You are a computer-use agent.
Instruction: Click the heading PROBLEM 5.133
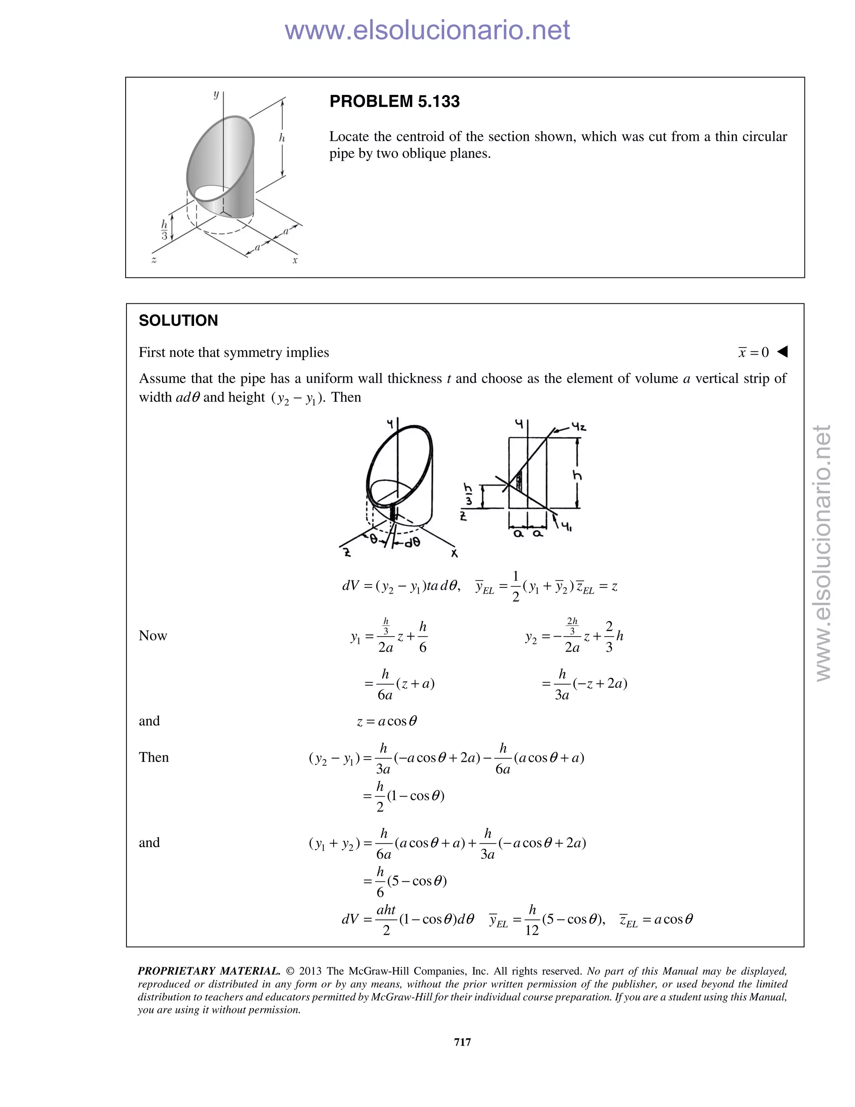pos(394,102)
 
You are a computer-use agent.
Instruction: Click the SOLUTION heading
pos(178,320)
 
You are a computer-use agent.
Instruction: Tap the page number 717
pos(463,1042)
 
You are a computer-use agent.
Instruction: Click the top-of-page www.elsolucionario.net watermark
pos(427,30)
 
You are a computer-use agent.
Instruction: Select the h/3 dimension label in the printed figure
pos(164,230)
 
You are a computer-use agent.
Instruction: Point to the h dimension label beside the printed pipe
pos(282,137)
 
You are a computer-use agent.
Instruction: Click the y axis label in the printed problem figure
pos(216,94)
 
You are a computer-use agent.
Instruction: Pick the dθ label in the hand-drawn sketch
pos(412,542)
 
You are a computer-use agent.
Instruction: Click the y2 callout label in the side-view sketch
pos(578,427)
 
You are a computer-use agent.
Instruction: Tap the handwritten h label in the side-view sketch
pos(577,475)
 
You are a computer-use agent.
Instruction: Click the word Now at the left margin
pos(152,636)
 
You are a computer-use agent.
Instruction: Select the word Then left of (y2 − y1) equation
pos(154,757)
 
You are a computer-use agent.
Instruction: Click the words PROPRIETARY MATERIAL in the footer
pos(209,971)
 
